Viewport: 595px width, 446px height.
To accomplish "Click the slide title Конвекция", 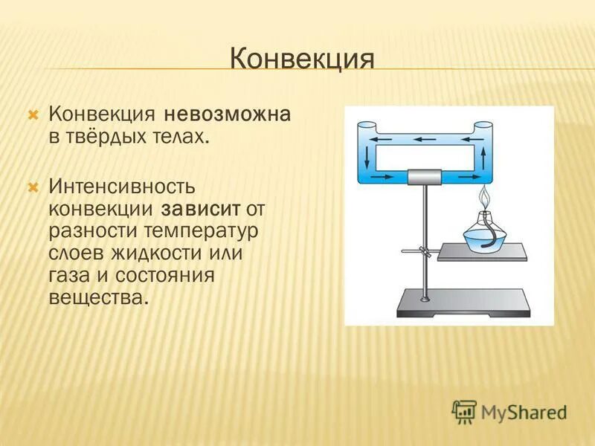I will coord(301,58).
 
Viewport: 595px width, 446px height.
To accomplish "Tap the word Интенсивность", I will coord(123,185).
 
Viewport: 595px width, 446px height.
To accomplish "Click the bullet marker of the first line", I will coord(32,116).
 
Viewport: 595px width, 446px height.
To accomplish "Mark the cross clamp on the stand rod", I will coord(423,251).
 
